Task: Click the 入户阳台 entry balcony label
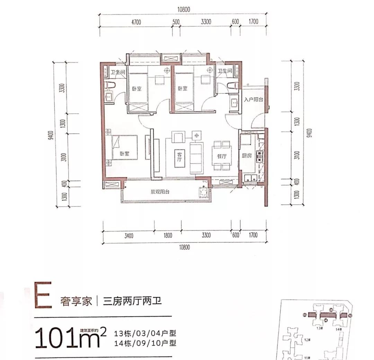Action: pyautogui.click(x=253, y=99)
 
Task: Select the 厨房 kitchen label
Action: pyautogui.click(x=246, y=156)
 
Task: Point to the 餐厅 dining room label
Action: pyautogui.click(x=222, y=156)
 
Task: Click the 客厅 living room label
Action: pyautogui.click(x=179, y=157)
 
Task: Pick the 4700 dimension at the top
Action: pyautogui.click(x=136, y=22)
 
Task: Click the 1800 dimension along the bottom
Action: pyautogui.click(x=167, y=236)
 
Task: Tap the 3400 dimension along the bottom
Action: pyautogui.click(x=128, y=236)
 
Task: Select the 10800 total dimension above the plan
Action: pyautogui.click(x=185, y=9)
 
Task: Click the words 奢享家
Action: pyautogui.click(x=76, y=301)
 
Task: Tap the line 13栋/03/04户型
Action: pyautogui.click(x=145, y=334)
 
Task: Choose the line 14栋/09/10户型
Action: pyautogui.click(x=145, y=343)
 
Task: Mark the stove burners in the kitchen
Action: pyautogui.click(x=259, y=156)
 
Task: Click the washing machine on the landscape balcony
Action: pyautogui.click(x=203, y=192)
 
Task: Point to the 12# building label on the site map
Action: pyautogui.click(x=306, y=340)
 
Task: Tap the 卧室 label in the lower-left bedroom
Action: pyautogui.click(x=124, y=154)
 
